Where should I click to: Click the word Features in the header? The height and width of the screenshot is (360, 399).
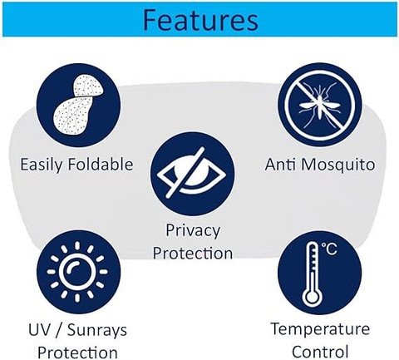tap(201, 20)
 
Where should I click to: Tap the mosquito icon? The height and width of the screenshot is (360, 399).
tap(320, 105)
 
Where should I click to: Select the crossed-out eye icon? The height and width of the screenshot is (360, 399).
tap(193, 174)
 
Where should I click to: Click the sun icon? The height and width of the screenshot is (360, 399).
tap(77, 272)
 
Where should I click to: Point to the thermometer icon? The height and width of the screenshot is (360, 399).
tap(313, 274)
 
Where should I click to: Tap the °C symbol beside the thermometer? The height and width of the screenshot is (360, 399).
tap(329, 249)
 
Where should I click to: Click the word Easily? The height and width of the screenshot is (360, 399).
tap(42, 165)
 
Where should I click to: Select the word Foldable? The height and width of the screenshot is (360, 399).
tap(101, 164)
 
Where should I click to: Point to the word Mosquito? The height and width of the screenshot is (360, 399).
tap(338, 165)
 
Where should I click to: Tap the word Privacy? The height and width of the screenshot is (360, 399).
tap(193, 230)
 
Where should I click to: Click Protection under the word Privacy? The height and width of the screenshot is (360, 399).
tap(193, 253)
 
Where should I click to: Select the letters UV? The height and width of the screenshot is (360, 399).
tap(39, 330)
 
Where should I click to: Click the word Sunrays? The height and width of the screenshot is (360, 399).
tap(97, 331)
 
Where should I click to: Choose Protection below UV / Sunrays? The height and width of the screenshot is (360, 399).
tap(77, 353)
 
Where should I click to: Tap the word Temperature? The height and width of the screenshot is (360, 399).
tap(320, 330)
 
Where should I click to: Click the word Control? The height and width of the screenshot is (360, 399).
tap(320, 352)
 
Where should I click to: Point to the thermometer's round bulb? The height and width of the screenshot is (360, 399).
tap(312, 298)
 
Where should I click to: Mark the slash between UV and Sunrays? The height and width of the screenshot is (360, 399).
tap(59, 330)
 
